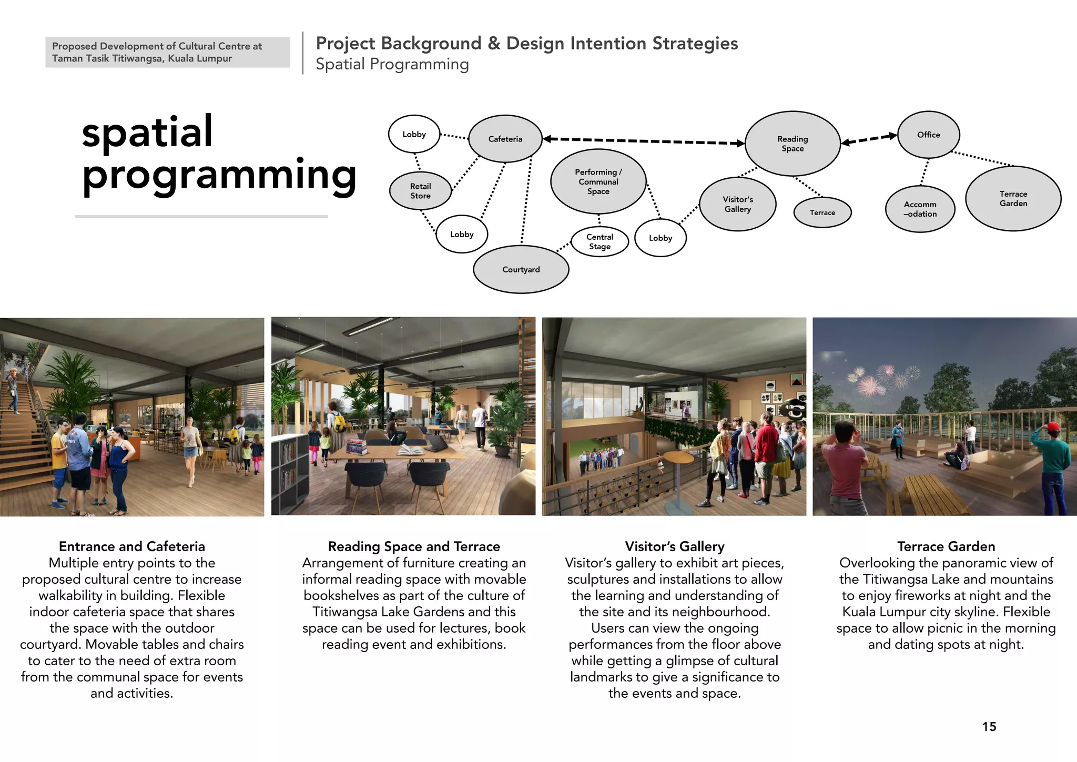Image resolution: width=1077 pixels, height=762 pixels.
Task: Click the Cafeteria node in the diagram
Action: (505, 139)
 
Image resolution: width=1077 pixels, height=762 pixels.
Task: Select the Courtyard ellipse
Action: (521, 269)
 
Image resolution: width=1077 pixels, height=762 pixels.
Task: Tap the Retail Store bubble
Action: (420, 190)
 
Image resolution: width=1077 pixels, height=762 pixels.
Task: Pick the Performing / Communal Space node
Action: (598, 181)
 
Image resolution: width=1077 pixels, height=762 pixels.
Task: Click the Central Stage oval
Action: (600, 241)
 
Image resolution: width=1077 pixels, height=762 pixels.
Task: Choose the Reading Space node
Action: (792, 144)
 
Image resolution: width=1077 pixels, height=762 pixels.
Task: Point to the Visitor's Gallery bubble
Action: (737, 204)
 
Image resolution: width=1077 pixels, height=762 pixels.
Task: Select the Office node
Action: (928, 135)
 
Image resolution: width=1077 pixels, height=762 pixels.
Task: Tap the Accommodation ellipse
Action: (920, 209)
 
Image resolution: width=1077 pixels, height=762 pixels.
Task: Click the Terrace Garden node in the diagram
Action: (1013, 198)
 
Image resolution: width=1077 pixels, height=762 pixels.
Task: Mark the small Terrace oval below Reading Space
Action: (822, 212)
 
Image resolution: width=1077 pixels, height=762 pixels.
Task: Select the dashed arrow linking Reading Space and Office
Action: (869, 139)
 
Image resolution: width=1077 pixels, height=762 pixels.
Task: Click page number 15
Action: (989, 727)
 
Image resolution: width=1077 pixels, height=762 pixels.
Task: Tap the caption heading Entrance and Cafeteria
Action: (131, 546)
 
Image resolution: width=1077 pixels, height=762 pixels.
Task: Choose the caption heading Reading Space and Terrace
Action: (414, 546)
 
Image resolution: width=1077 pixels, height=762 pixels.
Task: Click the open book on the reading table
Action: (410, 451)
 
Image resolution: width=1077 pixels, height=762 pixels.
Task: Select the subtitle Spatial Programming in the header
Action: (392, 64)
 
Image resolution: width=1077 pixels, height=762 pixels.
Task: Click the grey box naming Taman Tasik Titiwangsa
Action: (167, 52)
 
